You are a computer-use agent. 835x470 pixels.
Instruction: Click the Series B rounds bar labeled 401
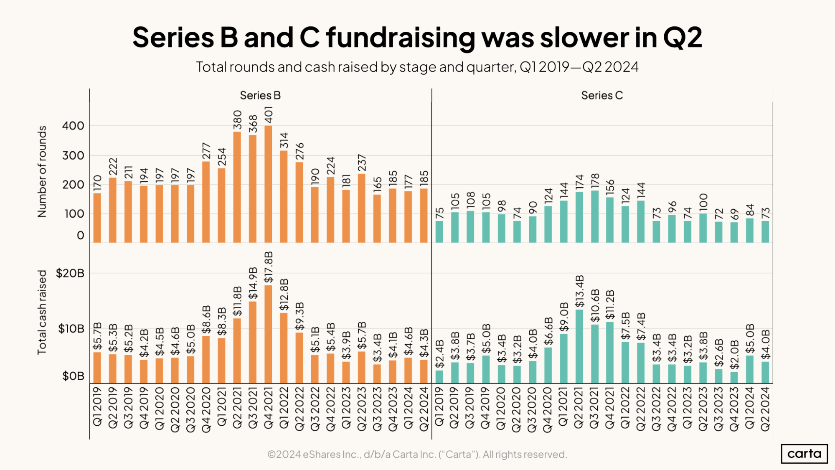point(268,184)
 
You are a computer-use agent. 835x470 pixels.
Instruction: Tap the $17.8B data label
point(269,267)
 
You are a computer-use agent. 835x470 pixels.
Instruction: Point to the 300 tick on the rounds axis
point(73,155)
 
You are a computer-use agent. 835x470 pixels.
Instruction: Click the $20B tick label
point(70,273)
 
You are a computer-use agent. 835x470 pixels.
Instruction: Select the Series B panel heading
point(260,95)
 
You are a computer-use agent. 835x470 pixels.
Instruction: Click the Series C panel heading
point(602,95)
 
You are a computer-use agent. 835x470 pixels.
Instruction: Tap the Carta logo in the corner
point(804,454)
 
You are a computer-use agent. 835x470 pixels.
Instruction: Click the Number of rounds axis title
point(42,172)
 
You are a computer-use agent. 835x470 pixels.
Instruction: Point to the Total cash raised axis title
point(42,312)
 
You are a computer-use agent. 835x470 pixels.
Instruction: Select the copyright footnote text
point(417,454)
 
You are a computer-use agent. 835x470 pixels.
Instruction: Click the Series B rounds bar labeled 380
point(237,187)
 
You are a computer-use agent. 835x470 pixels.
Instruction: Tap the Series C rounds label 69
point(734,214)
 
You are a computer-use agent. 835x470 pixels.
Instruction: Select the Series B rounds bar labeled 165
point(377,218)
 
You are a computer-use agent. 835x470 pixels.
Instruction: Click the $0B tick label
point(73,376)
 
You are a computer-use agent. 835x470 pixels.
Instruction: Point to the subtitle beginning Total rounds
point(417,67)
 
